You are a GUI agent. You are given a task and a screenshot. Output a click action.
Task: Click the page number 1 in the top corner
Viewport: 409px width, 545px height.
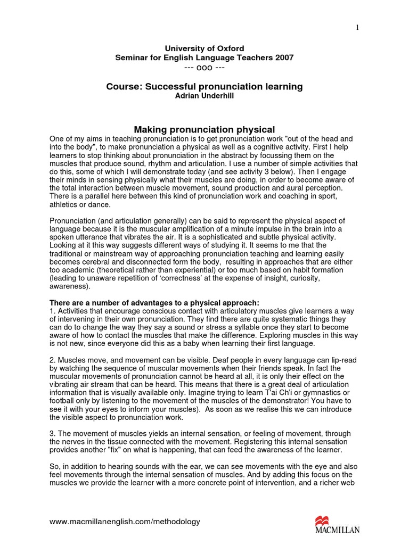pos(357,28)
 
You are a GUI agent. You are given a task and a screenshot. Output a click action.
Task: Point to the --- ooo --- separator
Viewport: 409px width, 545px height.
pos(204,67)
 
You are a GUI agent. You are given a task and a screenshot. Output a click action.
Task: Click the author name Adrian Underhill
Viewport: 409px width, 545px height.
pos(204,96)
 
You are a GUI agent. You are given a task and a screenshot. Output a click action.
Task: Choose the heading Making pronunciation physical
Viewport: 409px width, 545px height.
pos(204,129)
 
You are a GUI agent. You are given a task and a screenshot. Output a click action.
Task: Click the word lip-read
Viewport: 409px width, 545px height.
pos(341,360)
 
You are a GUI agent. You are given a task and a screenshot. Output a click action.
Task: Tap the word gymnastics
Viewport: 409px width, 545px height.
pos(298,393)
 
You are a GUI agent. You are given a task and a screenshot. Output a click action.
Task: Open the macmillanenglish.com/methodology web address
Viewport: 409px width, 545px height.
pos(125,522)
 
